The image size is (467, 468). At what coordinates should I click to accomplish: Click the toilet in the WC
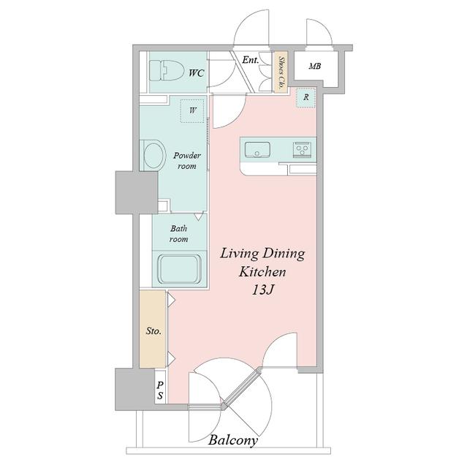click(x=166, y=71)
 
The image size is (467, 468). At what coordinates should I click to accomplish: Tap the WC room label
click(x=196, y=73)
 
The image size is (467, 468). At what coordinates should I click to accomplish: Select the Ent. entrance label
click(x=250, y=60)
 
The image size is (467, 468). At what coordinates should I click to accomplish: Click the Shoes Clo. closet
click(x=281, y=73)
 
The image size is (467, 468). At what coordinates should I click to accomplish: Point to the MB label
click(x=314, y=66)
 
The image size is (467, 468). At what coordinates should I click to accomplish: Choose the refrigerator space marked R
click(x=306, y=97)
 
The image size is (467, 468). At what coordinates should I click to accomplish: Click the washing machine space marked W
click(x=193, y=110)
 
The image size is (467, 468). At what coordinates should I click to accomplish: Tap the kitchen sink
click(x=257, y=149)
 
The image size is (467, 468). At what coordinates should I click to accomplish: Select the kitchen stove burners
click(x=302, y=149)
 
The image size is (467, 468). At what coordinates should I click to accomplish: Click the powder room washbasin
click(x=154, y=156)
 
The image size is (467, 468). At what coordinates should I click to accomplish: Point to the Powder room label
click(x=187, y=161)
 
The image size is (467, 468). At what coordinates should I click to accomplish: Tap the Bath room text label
click(x=179, y=234)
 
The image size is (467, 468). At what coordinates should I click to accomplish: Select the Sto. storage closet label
click(x=153, y=331)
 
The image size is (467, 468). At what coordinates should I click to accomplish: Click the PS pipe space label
click(x=160, y=390)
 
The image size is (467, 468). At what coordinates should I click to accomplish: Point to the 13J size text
click(x=263, y=290)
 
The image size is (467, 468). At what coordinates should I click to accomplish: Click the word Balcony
click(x=233, y=440)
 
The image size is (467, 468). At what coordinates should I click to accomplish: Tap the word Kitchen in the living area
click(x=262, y=272)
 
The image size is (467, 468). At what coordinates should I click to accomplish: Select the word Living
click(x=239, y=254)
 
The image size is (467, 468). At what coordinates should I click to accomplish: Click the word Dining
click(x=284, y=254)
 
